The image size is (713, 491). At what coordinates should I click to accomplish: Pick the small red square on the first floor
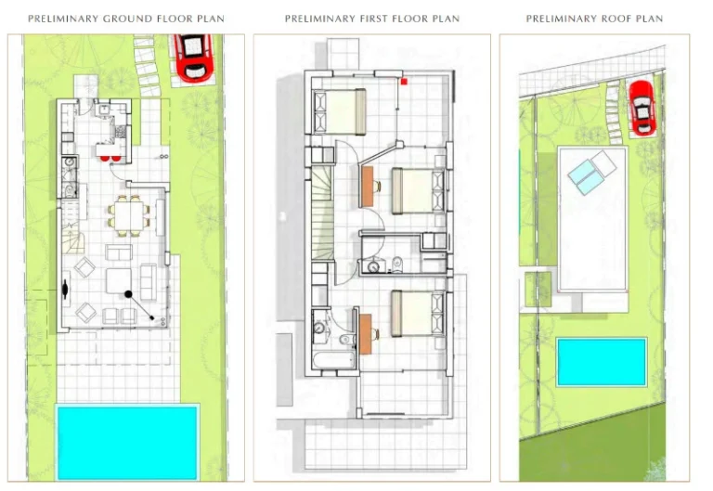[x=405, y=82]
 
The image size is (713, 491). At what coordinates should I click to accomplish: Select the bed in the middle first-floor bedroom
[x=414, y=190]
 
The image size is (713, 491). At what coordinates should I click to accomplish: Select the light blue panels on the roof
[x=591, y=173]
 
